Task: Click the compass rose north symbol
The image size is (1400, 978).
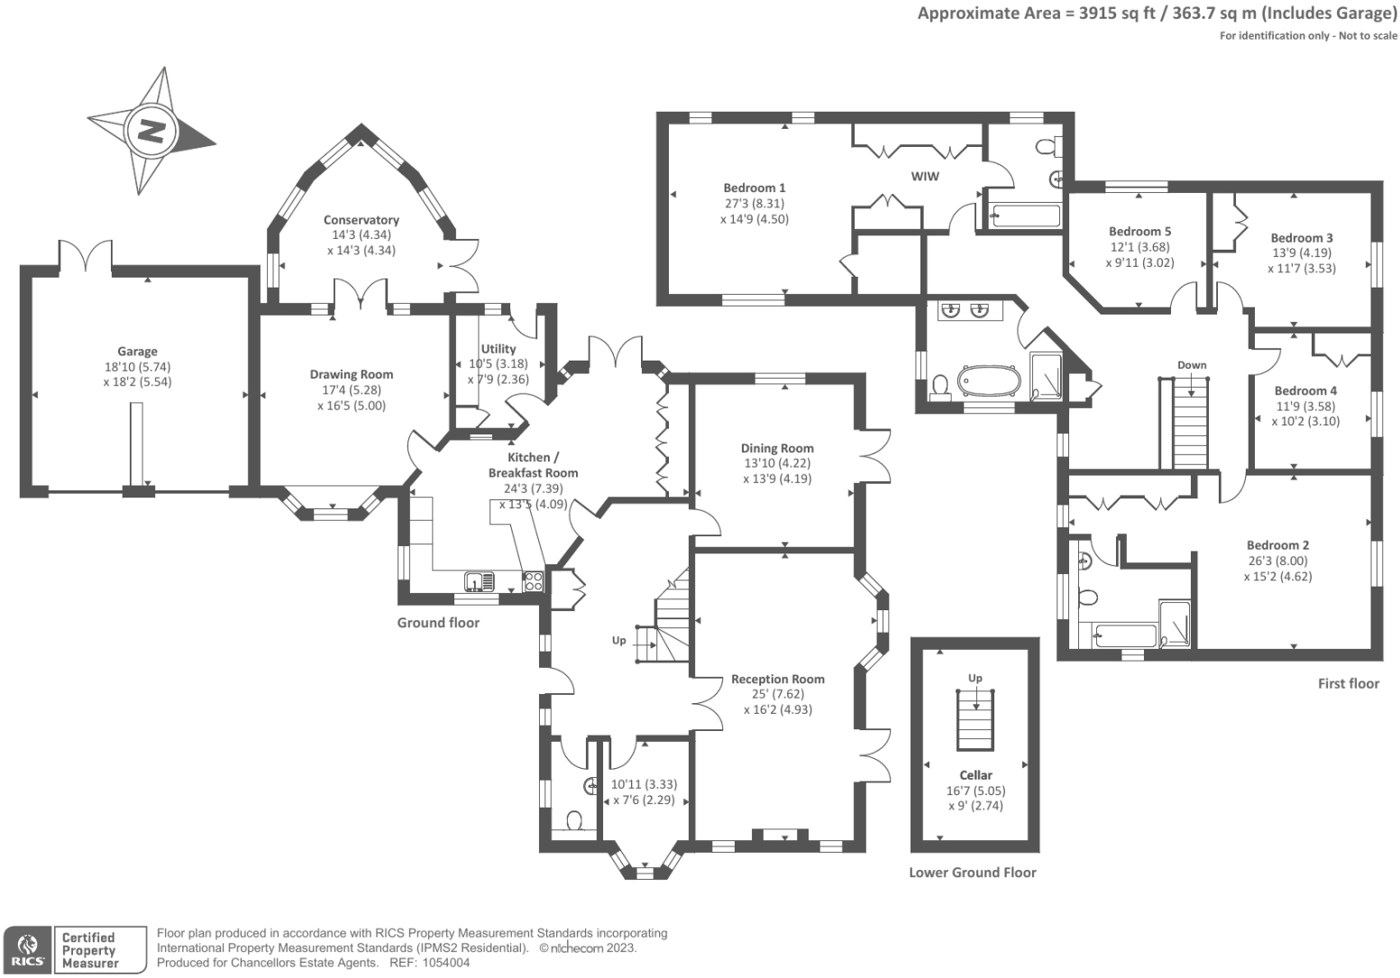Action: pyautogui.click(x=151, y=132)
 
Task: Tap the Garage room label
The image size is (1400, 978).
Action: pyautogui.click(x=137, y=352)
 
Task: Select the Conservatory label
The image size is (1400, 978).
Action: pyautogui.click(x=361, y=220)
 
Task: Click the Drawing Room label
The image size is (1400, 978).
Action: pyautogui.click(x=352, y=374)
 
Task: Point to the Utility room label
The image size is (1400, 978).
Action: pyautogui.click(x=499, y=349)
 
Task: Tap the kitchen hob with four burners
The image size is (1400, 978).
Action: pyautogui.click(x=533, y=581)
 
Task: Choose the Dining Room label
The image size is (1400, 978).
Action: pyautogui.click(x=777, y=448)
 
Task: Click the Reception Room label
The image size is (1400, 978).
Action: pyautogui.click(x=777, y=679)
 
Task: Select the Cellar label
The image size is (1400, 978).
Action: pyautogui.click(x=975, y=774)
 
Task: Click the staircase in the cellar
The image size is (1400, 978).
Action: pyautogui.click(x=975, y=718)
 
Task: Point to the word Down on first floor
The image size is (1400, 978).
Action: pyautogui.click(x=1191, y=365)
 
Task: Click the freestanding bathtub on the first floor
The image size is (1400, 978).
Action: pyautogui.click(x=989, y=380)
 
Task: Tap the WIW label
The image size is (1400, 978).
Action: pyautogui.click(x=925, y=176)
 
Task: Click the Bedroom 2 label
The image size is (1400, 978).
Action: pyautogui.click(x=1277, y=545)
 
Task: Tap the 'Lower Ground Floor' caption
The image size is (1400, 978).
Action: pyautogui.click(x=972, y=873)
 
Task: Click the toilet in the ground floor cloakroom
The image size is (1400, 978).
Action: pyautogui.click(x=573, y=820)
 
